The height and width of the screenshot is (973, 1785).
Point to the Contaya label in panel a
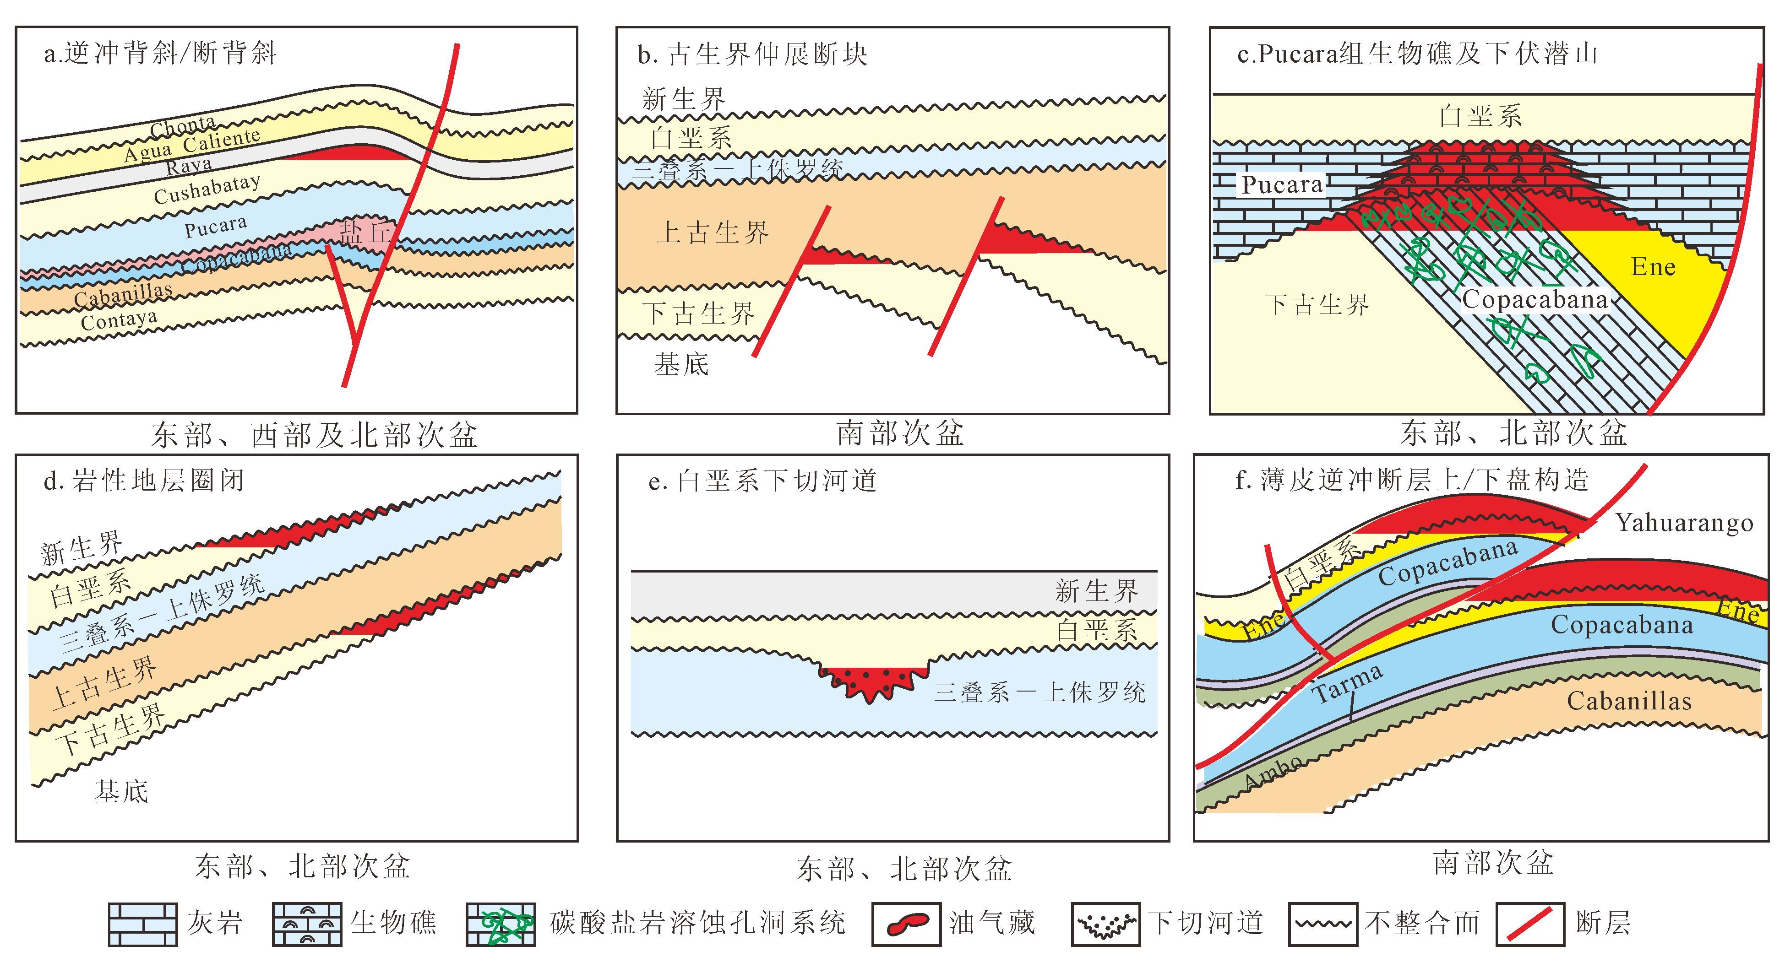pos(119,320)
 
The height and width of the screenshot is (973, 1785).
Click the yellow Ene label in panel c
pos(1653,267)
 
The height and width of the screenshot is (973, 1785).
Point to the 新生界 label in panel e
pos(1096,591)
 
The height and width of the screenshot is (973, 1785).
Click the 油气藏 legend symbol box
pos(906,924)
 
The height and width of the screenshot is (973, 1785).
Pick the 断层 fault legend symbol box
pos(1530,924)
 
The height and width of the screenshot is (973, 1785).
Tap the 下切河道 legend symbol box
pos(1105,924)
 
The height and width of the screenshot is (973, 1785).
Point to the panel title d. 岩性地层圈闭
pos(144,481)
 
